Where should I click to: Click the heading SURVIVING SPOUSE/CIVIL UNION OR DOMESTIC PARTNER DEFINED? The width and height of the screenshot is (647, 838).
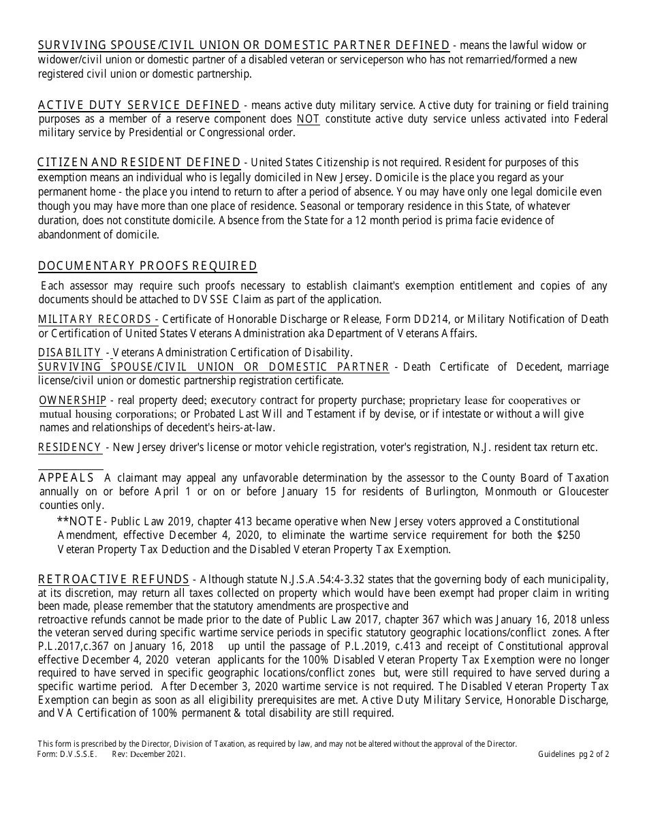tap(243, 46)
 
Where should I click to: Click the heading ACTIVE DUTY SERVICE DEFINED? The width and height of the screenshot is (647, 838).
tap(139, 105)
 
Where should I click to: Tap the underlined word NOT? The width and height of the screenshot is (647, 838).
tap(308, 119)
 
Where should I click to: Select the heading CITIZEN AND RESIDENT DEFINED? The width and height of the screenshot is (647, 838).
tap(138, 162)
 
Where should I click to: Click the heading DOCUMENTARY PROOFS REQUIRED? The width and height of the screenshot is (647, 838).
tap(148, 266)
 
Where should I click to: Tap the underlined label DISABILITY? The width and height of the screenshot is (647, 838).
tap(69, 352)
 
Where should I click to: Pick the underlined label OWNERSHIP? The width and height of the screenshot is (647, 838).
tap(73, 400)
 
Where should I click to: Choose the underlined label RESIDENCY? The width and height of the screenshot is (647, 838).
tap(70, 448)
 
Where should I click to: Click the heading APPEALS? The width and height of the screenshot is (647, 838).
tap(66, 477)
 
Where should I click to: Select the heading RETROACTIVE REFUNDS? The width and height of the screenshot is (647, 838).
tap(114, 579)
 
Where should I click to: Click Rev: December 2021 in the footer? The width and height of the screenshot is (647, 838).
tap(148, 754)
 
